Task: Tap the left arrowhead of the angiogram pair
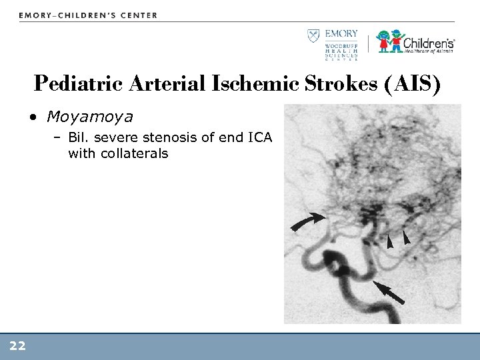coord(390,242)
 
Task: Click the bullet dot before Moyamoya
coord(32,119)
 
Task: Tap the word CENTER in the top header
coord(137,15)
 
